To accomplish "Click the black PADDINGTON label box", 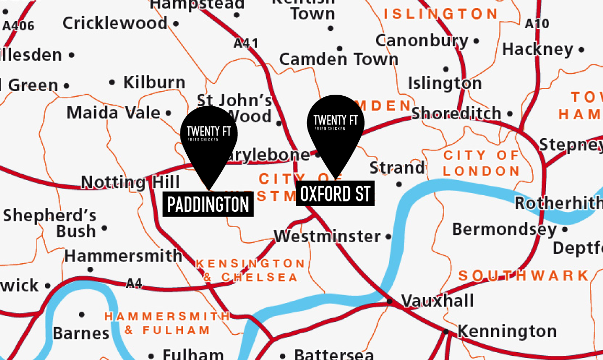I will coord(208,204).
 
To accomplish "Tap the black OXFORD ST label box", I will coord(335,194).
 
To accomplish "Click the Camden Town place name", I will coord(339,60).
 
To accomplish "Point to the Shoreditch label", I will coord(456,113).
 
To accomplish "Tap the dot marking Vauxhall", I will coord(390,301).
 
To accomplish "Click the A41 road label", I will coord(246,43).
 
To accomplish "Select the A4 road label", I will coord(134,284).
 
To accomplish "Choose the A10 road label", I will coord(537,24).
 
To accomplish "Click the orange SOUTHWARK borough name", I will coord(524,276).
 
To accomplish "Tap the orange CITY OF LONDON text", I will coord(482,163).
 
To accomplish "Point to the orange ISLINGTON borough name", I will coord(440,14).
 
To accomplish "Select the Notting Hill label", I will coord(130,182).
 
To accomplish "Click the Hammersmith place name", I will coord(123,256).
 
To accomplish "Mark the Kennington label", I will coord(507,331).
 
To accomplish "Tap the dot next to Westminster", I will coord(388,237).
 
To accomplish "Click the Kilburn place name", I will coord(154,82).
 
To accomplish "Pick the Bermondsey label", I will coord(504,229).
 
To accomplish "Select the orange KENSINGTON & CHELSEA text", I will coord(250,270).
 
